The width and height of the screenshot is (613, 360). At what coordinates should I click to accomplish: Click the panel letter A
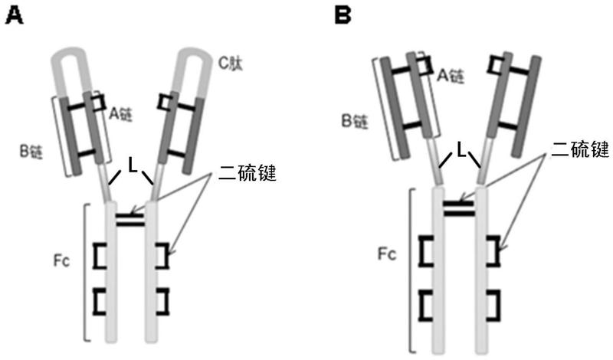click(14, 16)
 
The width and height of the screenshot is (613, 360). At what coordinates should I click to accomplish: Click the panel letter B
click(343, 16)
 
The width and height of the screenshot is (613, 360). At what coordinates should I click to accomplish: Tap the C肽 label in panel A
click(231, 63)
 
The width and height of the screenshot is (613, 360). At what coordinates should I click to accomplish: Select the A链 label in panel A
click(120, 114)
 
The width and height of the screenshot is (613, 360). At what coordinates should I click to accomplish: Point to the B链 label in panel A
click(31, 152)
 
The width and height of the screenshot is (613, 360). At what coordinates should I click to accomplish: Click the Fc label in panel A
click(62, 260)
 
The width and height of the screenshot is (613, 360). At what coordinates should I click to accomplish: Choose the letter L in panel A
click(133, 165)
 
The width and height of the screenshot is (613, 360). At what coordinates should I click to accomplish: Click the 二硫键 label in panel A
click(247, 172)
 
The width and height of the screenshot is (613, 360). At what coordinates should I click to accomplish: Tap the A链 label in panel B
click(451, 75)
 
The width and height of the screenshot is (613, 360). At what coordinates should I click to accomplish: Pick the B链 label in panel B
click(355, 121)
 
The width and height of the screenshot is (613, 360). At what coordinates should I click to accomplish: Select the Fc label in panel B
click(387, 254)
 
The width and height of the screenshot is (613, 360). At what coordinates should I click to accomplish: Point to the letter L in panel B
click(461, 150)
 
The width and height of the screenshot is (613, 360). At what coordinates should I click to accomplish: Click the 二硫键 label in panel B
click(580, 149)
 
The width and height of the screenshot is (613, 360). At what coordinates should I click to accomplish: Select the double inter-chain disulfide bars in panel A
click(130, 220)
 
